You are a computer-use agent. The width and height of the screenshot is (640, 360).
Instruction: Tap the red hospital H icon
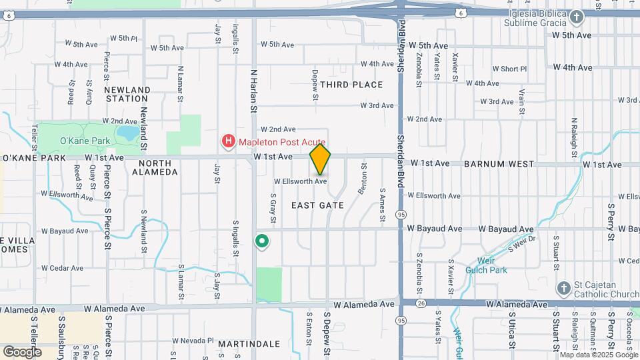[x=229, y=141]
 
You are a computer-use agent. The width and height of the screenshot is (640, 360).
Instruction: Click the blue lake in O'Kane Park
[x=127, y=134]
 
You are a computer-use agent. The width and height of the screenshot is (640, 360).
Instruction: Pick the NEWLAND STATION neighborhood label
[x=127, y=94]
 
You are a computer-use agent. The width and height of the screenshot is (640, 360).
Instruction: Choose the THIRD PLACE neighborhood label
[x=351, y=85]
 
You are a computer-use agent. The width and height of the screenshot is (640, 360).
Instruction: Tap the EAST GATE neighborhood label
[x=318, y=205]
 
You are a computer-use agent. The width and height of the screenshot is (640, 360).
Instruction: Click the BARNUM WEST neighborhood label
[x=499, y=163]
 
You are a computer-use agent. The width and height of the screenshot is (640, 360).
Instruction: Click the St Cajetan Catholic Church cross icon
[x=563, y=288]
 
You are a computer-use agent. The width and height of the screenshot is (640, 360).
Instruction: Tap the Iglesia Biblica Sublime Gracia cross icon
[x=577, y=17]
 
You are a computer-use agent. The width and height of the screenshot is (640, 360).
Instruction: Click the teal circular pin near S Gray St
[x=263, y=241]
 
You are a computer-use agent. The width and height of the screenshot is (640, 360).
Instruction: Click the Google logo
[x=23, y=351]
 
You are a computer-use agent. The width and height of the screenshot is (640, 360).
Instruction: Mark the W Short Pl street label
[x=509, y=69]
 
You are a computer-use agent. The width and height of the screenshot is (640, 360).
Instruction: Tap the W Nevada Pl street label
[x=192, y=341]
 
